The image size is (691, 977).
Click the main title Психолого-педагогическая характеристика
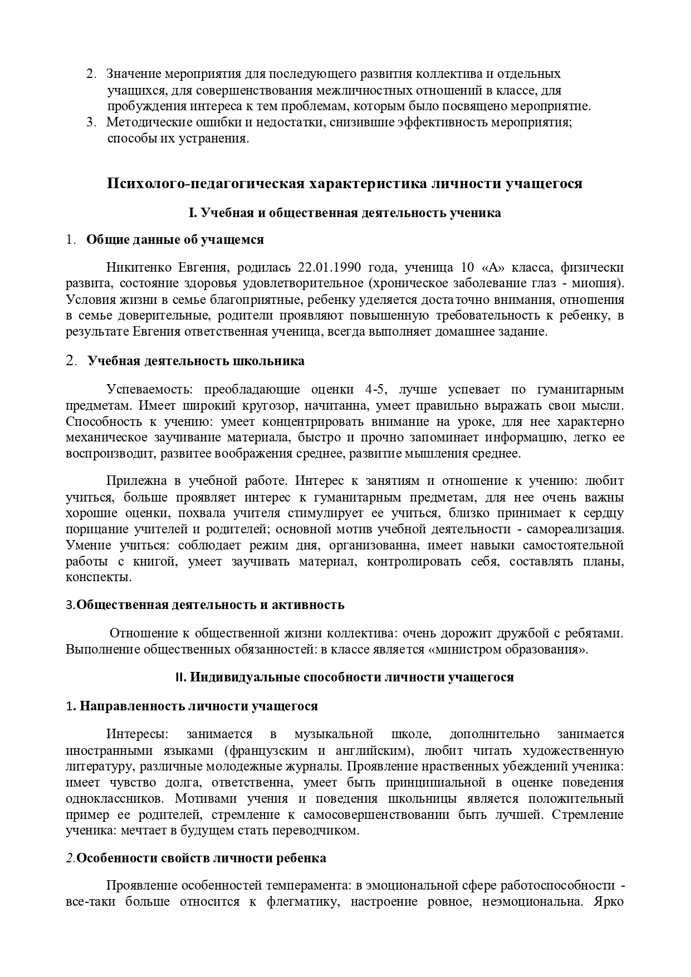345,184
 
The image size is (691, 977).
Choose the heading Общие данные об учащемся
175,240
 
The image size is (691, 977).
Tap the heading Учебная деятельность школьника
196,361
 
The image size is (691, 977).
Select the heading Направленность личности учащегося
199,706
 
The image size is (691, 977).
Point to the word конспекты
99,577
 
